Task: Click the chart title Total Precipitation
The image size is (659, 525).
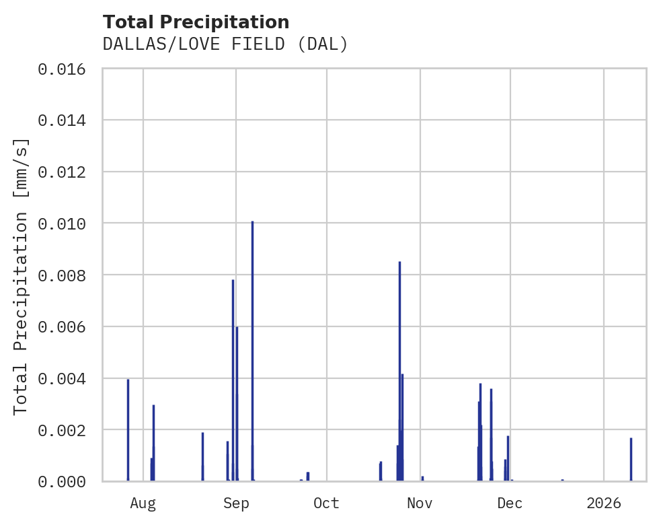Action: click(196, 22)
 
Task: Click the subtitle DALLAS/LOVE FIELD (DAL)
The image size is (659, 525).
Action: click(225, 44)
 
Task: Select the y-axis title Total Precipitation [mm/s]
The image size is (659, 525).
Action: click(22, 275)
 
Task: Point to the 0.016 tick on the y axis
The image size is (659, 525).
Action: click(66, 69)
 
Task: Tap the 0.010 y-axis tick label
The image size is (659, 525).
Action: click(66, 223)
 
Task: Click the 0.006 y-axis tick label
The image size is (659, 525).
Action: click(66, 326)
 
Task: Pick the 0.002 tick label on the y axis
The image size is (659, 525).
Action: click(66, 429)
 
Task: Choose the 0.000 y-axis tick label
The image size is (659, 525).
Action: click(66, 481)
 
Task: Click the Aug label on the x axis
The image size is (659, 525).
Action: click(143, 503)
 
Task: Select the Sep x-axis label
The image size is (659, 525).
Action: click(236, 503)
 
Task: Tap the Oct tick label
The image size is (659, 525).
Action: click(327, 503)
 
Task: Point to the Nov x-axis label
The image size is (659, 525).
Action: click(420, 503)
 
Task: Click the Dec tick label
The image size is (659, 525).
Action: click(510, 503)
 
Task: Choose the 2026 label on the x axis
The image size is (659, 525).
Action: click(604, 503)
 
